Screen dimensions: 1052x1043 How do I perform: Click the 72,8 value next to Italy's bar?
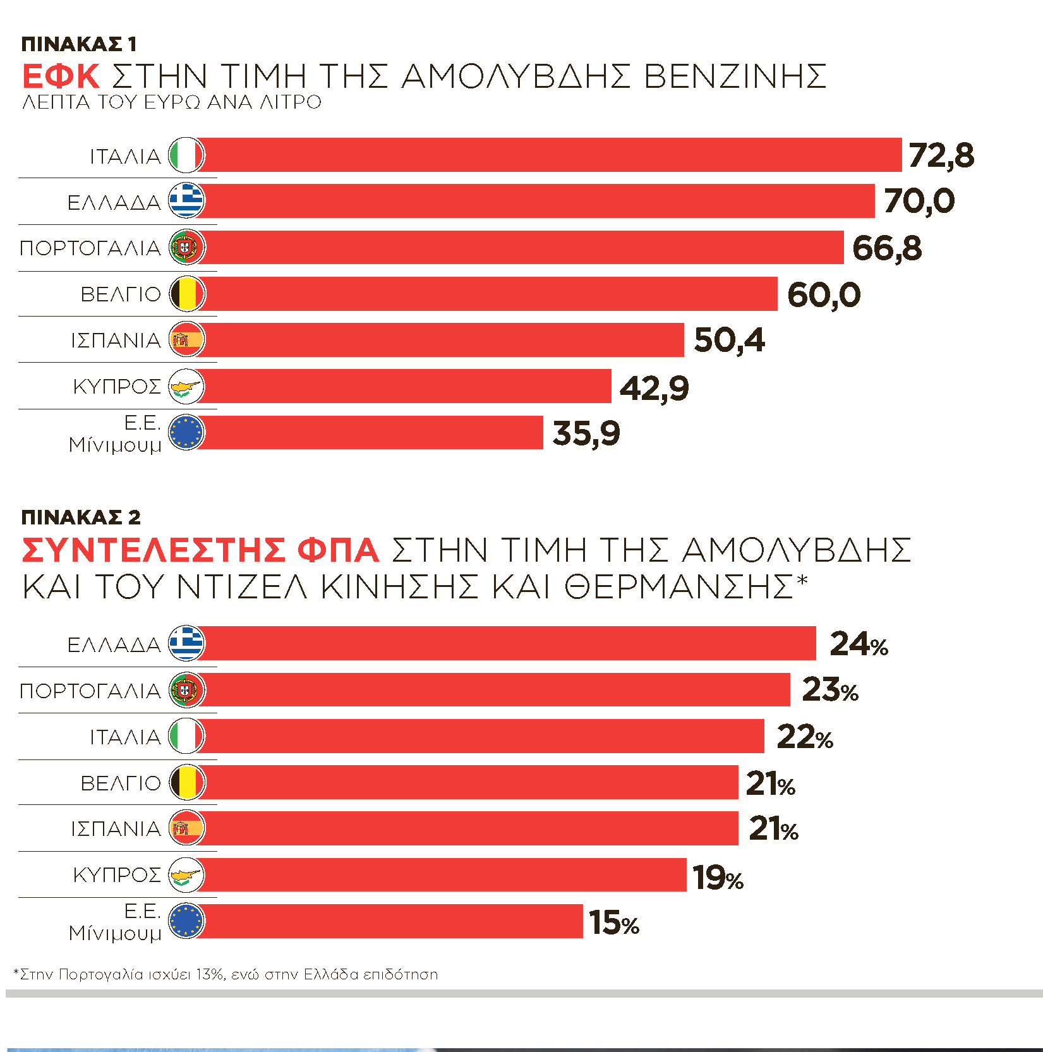point(941,155)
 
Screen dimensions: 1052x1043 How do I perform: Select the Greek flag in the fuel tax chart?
point(186,201)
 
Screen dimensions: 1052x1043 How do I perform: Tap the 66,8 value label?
point(886,248)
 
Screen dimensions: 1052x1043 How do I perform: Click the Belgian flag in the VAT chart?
point(186,782)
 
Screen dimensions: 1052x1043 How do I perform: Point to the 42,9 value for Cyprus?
point(654,387)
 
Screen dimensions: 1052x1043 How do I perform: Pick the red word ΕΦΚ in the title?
point(61,76)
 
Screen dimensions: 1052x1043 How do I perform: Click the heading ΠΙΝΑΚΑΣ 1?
point(79,44)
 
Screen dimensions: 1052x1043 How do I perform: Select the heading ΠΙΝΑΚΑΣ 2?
point(81,517)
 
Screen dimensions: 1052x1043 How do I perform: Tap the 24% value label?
point(859,644)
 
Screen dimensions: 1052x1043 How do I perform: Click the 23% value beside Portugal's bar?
point(830,690)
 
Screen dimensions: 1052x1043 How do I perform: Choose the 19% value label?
point(718,877)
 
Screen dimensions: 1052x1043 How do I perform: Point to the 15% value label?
point(614,922)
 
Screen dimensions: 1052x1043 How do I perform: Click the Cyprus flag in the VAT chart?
point(186,875)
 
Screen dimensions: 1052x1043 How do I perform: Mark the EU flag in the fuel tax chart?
point(186,433)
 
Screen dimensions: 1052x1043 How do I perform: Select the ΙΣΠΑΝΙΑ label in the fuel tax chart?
point(116,341)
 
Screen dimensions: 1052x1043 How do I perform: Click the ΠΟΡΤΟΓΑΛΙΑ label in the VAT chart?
point(90,691)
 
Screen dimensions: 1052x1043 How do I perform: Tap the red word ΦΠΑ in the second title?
point(338,550)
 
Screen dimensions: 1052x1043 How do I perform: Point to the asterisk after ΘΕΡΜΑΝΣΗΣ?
point(802,580)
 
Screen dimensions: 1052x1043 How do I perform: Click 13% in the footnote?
point(210,974)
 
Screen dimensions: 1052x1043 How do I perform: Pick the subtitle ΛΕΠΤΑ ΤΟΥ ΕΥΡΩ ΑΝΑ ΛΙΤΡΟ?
point(172,102)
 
